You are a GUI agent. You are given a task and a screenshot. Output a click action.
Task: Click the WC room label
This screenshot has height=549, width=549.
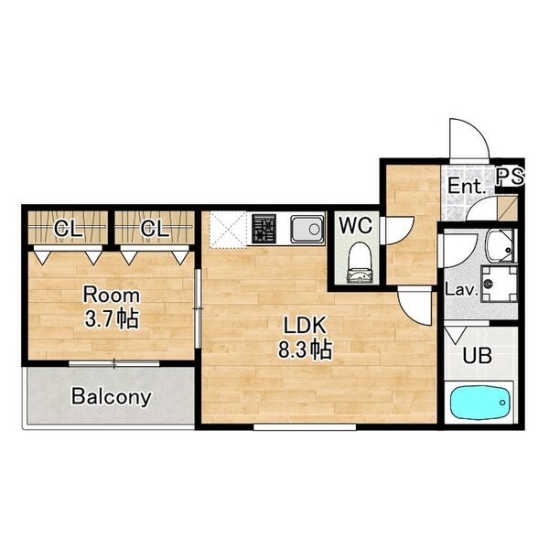355,225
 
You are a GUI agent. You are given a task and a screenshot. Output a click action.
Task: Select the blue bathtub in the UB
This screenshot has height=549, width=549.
480,403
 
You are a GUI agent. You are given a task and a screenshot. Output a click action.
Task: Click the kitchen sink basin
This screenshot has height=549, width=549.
307,229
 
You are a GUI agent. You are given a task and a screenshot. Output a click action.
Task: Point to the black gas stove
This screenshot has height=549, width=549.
264,229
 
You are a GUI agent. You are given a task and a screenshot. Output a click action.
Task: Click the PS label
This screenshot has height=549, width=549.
511,177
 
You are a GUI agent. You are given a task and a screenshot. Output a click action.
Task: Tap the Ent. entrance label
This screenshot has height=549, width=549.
467,186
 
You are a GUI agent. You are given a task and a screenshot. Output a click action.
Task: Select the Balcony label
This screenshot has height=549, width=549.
112,397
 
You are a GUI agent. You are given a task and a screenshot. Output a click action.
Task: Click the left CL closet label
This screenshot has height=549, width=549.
69,229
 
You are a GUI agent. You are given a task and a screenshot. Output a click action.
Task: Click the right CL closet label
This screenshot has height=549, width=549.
155,229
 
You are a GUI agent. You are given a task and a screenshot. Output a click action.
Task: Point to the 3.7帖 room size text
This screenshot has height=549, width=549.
112,318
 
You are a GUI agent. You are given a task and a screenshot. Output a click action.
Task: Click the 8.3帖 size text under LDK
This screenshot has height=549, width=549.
305,350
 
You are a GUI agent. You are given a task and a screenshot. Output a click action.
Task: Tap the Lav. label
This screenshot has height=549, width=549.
461,290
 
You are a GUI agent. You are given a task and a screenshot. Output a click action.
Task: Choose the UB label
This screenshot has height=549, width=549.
478,356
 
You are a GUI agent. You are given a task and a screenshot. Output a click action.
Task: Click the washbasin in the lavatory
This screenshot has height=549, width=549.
501,246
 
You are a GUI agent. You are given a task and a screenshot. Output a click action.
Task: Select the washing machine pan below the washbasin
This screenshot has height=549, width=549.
499,284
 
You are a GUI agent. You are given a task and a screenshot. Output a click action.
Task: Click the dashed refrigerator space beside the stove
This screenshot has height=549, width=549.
228,230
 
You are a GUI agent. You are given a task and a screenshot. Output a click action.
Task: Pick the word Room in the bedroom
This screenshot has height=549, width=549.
112,296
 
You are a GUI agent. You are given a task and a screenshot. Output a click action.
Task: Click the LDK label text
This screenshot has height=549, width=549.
305,326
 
